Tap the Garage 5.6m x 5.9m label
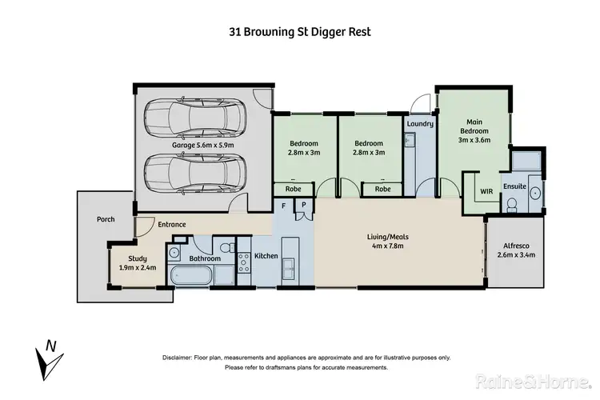tap(203, 146)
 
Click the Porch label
tap(106, 219)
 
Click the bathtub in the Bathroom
tap(192, 278)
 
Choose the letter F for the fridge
tap(283, 206)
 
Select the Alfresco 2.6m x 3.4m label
tap(516, 250)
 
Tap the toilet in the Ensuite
tap(514, 206)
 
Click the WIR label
tap(486, 192)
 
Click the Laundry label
tap(419, 124)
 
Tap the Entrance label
tap(171, 225)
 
